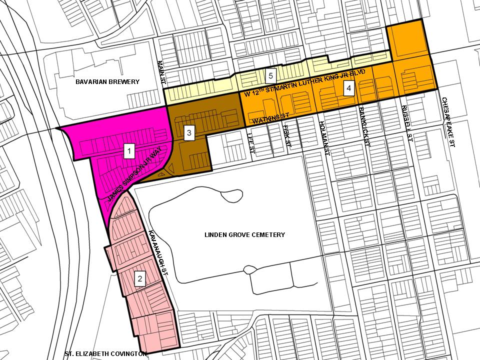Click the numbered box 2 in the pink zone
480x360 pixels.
coord(140,278)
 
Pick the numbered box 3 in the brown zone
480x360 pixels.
coord(188,133)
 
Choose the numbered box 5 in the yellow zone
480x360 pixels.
coord(270,76)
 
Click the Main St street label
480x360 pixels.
coord(160,72)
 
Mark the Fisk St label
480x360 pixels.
coord(287,135)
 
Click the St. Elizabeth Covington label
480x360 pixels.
coord(105,354)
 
